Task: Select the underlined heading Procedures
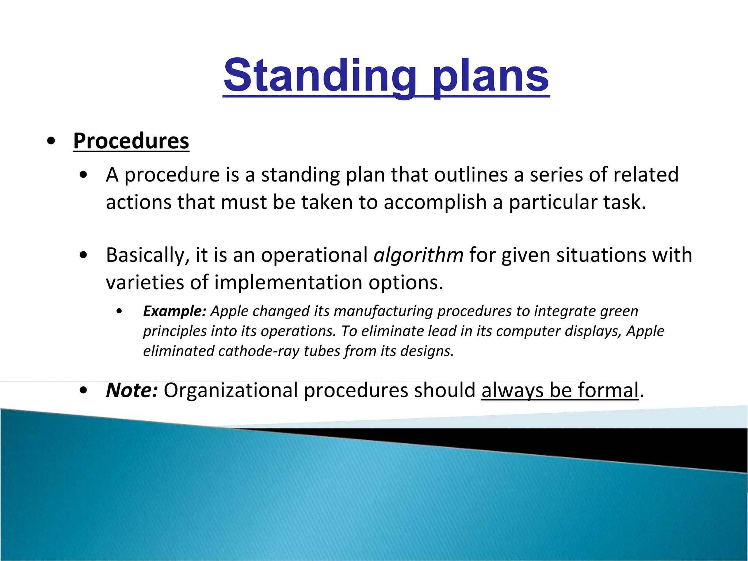131,141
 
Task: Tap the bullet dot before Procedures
51,141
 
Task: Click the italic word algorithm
419,255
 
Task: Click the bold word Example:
175,311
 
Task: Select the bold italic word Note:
132,390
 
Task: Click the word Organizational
230,390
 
